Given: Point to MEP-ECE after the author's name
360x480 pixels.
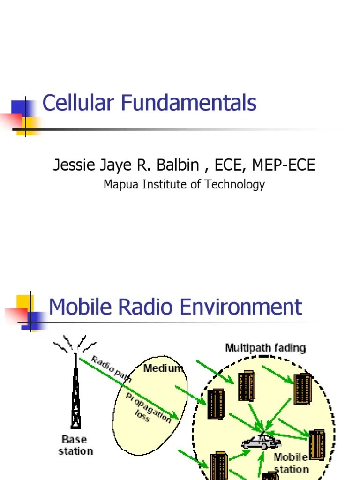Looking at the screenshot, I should (284, 165).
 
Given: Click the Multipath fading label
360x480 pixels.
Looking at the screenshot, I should (265, 348).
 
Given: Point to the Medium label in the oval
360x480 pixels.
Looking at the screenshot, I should (163, 368).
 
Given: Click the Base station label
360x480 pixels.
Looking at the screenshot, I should (75, 445).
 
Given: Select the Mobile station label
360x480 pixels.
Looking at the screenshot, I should (291, 463).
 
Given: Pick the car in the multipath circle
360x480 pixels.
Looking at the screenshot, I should (261, 442).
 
